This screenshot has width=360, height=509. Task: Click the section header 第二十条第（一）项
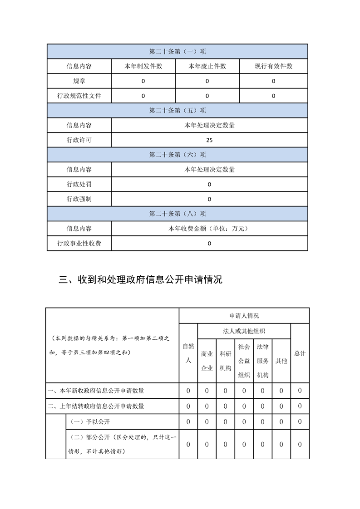coord(178,51)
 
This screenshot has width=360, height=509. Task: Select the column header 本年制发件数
coord(143,66)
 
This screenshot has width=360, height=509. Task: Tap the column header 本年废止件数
coord(207,66)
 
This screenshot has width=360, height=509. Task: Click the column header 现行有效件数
coord(273,66)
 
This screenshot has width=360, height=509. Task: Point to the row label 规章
coord(79,81)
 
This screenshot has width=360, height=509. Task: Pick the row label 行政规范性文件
coord(79,96)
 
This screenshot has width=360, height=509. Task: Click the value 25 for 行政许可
coord(209,140)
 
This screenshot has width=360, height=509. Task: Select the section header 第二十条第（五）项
coord(178,110)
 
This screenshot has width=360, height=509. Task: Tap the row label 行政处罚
coord(79,184)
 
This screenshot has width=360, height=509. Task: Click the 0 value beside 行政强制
coord(209,199)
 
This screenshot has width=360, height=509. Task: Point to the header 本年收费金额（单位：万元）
coord(209,229)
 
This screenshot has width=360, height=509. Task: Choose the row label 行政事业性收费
coord(79,243)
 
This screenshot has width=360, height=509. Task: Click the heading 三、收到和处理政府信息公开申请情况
coord(141,279)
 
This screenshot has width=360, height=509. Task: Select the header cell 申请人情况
coord(244,315)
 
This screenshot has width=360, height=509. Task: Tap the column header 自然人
coord(188,353)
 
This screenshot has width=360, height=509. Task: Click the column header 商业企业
coord(207,361)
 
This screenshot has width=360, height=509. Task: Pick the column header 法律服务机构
coord(262,361)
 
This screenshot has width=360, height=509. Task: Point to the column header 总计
coord(300,353)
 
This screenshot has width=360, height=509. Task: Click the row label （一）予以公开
coord(91,421)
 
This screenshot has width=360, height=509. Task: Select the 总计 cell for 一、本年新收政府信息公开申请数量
coord(300,391)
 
